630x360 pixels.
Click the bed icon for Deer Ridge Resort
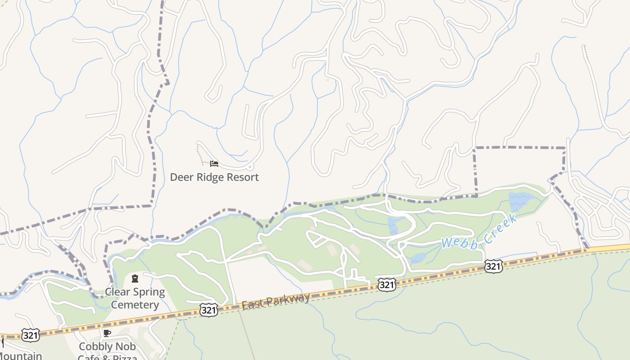click(214, 164)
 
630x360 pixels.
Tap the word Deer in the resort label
click(181, 177)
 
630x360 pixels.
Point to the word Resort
click(243, 177)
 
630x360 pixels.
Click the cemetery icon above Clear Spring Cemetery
click(135, 279)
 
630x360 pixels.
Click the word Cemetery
click(135, 305)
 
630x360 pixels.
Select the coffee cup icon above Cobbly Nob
click(107, 333)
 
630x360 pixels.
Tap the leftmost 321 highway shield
click(30, 335)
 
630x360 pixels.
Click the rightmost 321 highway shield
click(494, 267)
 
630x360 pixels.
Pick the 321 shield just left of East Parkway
click(209, 310)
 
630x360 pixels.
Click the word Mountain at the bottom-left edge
click(20, 356)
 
